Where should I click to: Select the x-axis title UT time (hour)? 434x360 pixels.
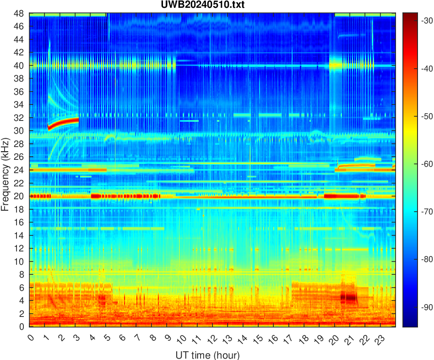coord(207,355)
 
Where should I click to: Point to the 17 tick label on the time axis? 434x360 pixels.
coord(287,339)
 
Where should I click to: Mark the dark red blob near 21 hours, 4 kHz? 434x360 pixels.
coord(350,297)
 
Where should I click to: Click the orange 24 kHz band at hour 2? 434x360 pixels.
coord(60,170)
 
